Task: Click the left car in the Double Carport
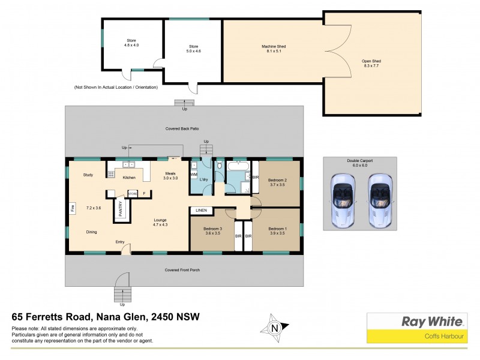tap(343, 200)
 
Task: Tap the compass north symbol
tap(275, 328)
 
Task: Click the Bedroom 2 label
tap(277, 182)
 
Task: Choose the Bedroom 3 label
tap(213, 232)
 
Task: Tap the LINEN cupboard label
tap(201, 211)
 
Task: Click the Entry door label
tap(120, 242)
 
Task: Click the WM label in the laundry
tap(193, 174)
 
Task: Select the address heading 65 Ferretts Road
tap(106, 316)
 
